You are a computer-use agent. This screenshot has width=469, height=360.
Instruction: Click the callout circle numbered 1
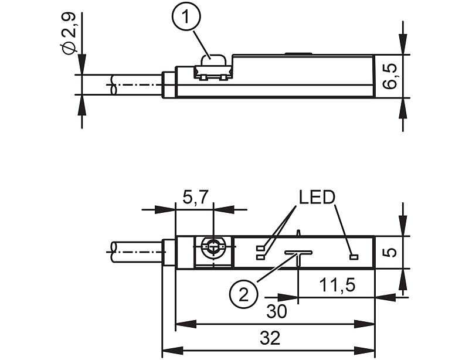tap(186, 20)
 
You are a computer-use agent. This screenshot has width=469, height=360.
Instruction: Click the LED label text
tap(316, 196)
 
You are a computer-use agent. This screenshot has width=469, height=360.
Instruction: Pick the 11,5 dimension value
tap(338, 286)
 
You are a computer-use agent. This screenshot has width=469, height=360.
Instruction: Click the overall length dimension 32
tap(269, 338)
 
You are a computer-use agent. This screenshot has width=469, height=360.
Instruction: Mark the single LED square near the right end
tap(353, 257)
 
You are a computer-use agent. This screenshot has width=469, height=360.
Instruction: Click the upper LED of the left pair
tap(261, 248)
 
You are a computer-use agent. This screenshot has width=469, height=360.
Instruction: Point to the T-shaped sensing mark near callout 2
tap(298, 254)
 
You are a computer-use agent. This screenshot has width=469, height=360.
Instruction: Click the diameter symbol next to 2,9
tap(69, 47)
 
